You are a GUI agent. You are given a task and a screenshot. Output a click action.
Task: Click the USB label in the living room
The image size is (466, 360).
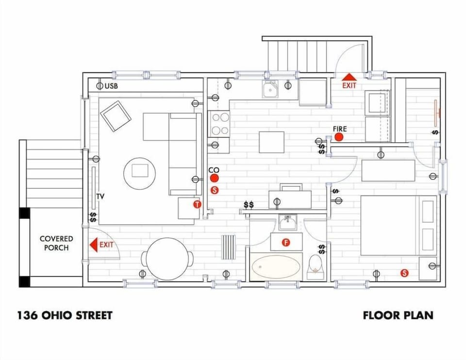[x=112, y=86]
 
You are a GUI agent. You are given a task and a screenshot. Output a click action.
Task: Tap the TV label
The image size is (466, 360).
[x=100, y=196]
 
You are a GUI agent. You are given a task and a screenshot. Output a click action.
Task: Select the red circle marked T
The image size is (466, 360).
[x=197, y=204]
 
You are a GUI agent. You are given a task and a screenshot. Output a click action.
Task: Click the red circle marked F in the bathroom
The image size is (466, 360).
[x=286, y=242]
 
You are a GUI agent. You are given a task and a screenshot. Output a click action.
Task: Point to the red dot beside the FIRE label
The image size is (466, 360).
[x=339, y=137]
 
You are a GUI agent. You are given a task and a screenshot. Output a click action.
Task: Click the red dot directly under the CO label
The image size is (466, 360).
[x=214, y=179]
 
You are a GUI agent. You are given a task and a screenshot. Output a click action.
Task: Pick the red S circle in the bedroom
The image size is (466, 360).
[x=404, y=273]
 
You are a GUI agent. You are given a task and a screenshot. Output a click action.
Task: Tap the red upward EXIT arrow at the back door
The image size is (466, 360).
[x=349, y=77]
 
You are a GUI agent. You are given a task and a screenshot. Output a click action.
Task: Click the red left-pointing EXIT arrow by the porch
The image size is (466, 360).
[x=93, y=245]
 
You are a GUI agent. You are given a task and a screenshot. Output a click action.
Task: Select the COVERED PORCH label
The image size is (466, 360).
[x=56, y=243]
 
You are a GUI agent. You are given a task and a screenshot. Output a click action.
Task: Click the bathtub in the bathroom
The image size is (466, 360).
[x=275, y=266]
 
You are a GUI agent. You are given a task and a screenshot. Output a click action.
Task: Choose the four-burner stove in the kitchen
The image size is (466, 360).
[x=219, y=124]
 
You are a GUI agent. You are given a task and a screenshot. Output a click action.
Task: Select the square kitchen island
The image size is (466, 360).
[x=271, y=142]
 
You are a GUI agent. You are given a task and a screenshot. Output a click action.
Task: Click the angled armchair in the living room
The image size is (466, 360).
[x=116, y=115]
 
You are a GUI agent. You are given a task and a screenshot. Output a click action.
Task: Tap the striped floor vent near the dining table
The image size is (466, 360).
[x=229, y=248]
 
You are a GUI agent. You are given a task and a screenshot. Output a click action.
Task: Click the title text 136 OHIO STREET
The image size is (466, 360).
[x=65, y=315]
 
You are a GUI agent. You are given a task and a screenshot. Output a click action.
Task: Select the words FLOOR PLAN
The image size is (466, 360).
[x=398, y=315]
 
